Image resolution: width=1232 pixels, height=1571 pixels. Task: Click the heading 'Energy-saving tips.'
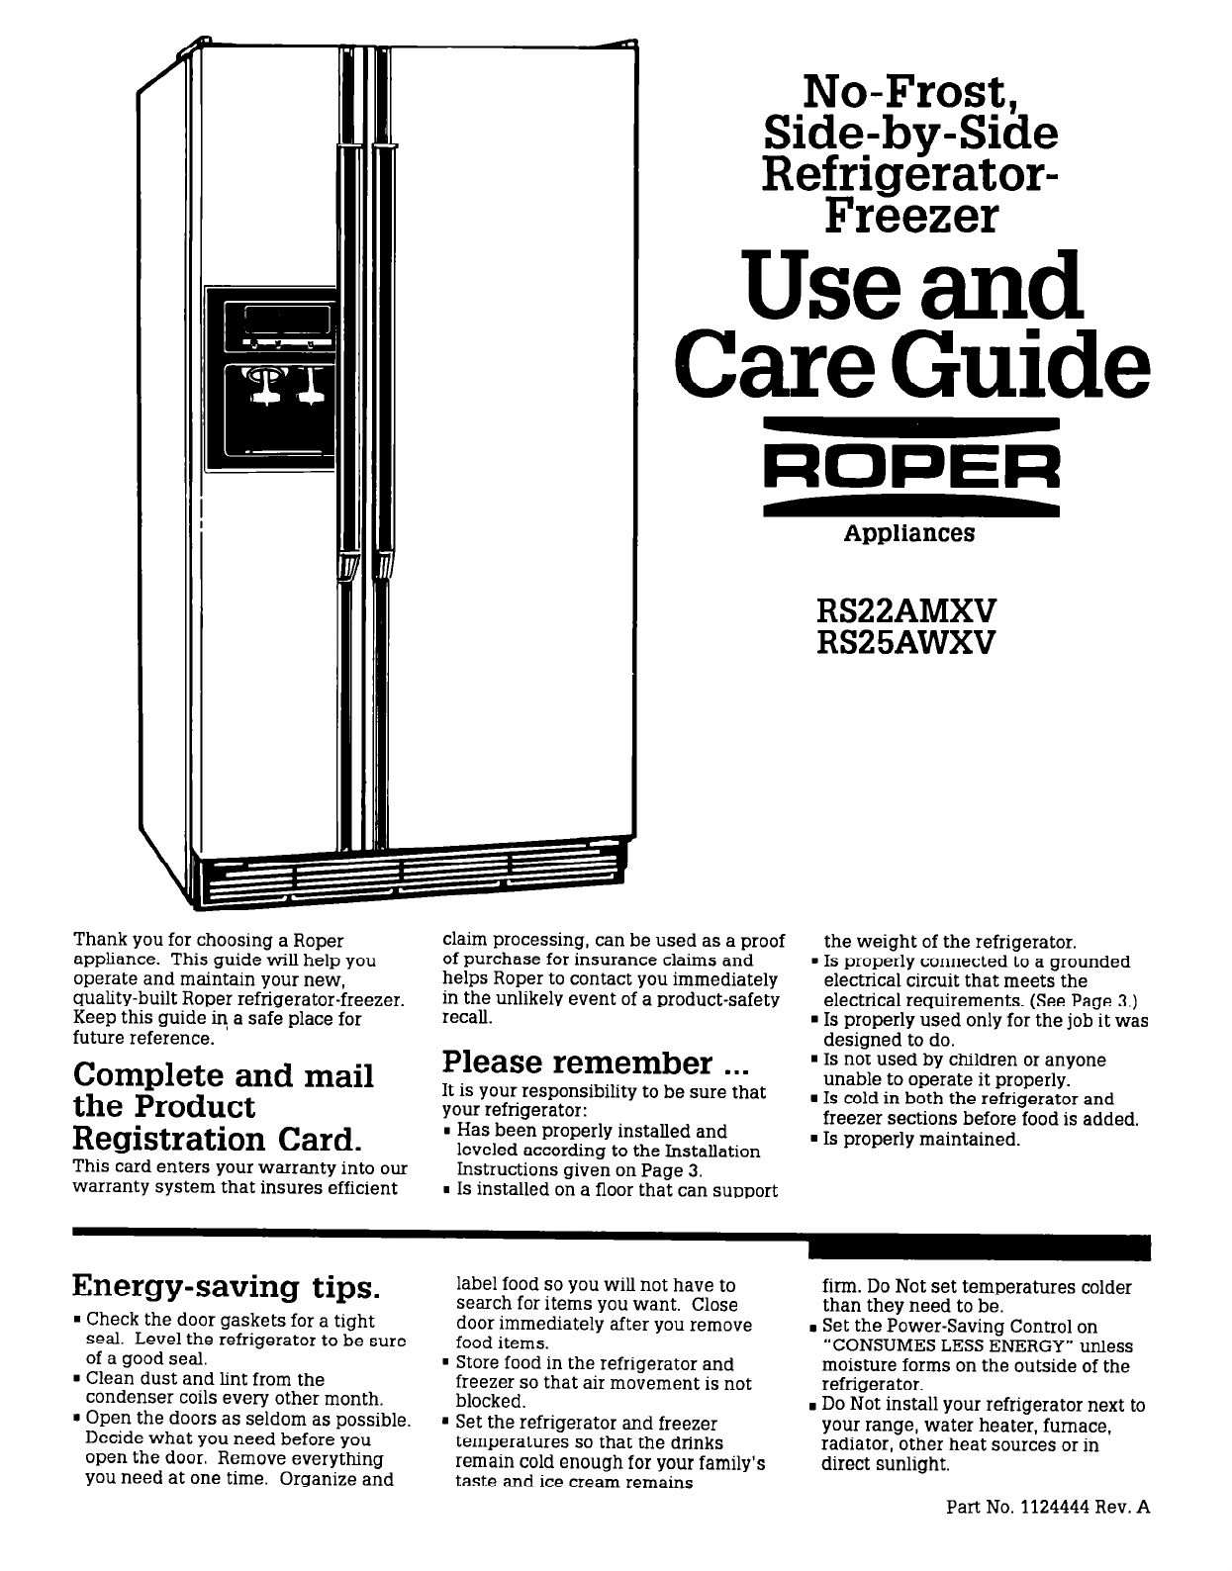pos(227,1287)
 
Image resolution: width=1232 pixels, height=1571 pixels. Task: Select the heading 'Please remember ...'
pos(590,1063)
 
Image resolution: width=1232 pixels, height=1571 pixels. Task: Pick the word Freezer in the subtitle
pos(909,216)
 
